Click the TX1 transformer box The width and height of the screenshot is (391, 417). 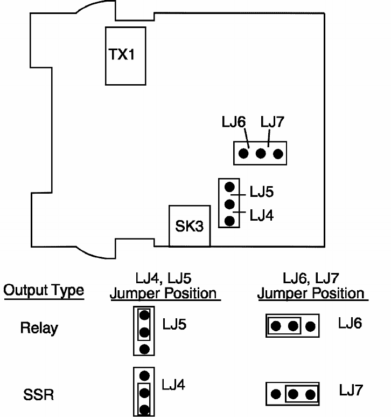125,56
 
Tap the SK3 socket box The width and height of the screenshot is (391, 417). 189,226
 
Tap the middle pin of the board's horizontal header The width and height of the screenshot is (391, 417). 261,154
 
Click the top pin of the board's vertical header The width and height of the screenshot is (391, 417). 229,187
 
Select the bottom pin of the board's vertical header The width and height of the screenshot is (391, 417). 229,221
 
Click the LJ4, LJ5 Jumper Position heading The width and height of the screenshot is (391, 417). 163,286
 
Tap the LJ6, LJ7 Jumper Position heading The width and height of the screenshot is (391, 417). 311,286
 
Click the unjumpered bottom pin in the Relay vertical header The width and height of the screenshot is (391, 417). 144,349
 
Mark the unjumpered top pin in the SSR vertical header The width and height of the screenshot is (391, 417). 144,375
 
